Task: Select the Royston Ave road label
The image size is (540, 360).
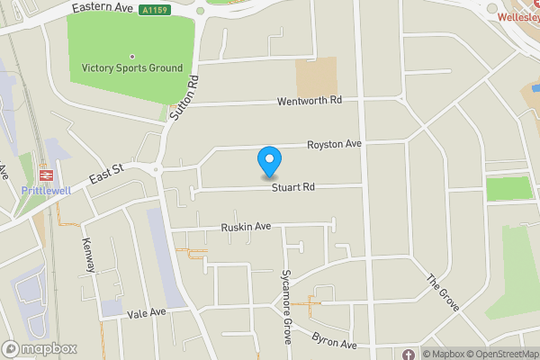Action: tap(334, 144)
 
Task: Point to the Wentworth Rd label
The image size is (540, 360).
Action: tap(310, 101)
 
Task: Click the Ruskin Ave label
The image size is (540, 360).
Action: tap(246, 228)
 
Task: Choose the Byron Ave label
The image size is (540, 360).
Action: tap(335, 340)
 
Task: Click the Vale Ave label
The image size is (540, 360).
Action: tap(148, 312)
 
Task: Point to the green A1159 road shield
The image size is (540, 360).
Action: tap(155, 11)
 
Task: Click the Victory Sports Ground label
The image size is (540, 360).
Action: tap(131, 68)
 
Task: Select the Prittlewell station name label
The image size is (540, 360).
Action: tap(43, 191)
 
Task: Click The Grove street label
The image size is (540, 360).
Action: tap(443, 292)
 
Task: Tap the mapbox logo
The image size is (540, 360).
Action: tap(40, 348)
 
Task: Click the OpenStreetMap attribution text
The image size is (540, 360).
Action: tap(501, 354)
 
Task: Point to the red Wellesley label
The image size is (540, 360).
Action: tap(517, 16)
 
